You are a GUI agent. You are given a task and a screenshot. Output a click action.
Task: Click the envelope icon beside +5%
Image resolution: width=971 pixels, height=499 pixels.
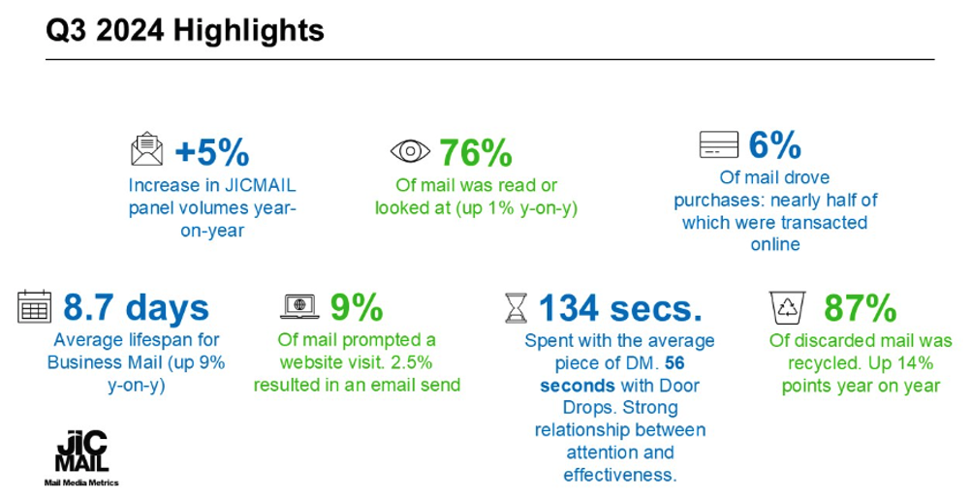click(x=146, y=148)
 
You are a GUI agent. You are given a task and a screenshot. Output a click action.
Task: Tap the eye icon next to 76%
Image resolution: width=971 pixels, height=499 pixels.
click(x=410, y=151)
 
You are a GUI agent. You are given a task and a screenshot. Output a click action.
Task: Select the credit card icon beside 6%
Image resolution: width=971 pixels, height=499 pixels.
click(x=718, y=144)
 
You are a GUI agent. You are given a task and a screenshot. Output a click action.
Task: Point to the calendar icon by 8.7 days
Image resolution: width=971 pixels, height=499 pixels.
click(x=34, y=306)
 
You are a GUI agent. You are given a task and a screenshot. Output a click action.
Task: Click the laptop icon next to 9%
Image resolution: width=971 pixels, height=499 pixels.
click(x=299, y=306)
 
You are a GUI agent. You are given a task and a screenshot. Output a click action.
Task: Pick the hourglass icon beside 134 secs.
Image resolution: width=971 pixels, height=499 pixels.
click(x=516, y=308)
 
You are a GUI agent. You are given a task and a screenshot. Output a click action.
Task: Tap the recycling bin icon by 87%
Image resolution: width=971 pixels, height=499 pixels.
click(x=788, y=308)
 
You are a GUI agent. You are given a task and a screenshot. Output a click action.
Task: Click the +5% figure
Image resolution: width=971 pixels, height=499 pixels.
click(x=212, y=152)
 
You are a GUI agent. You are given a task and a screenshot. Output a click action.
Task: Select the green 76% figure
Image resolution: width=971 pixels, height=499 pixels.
click(x=476, y=152)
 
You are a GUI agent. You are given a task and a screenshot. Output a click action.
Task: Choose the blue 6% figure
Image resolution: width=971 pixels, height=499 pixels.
click(x=774, y=144)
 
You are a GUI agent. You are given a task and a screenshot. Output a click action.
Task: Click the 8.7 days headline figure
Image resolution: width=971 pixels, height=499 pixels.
click(x=137, y=308)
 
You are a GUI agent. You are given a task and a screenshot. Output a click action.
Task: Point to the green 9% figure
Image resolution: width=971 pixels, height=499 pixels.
click(x=356, y=307)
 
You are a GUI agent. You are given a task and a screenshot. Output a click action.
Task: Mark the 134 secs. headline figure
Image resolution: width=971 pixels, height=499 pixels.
click(x=620, y=308)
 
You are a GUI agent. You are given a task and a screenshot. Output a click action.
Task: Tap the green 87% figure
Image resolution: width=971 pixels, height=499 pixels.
click(x=861, y=308)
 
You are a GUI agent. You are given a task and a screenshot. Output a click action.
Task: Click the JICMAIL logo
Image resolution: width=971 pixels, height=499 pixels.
click(x=81, y=452)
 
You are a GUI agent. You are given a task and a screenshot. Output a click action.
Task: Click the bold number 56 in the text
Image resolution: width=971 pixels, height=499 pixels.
click(x=675, y=362)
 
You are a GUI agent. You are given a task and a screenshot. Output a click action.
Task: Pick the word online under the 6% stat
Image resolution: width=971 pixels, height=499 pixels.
click(x=775, y=244)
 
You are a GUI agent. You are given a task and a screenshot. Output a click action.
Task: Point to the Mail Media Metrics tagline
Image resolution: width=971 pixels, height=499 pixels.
click(x=81, y=483)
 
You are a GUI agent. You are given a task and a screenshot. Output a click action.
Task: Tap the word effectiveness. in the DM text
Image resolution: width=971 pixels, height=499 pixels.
click(x=620, y=475)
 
